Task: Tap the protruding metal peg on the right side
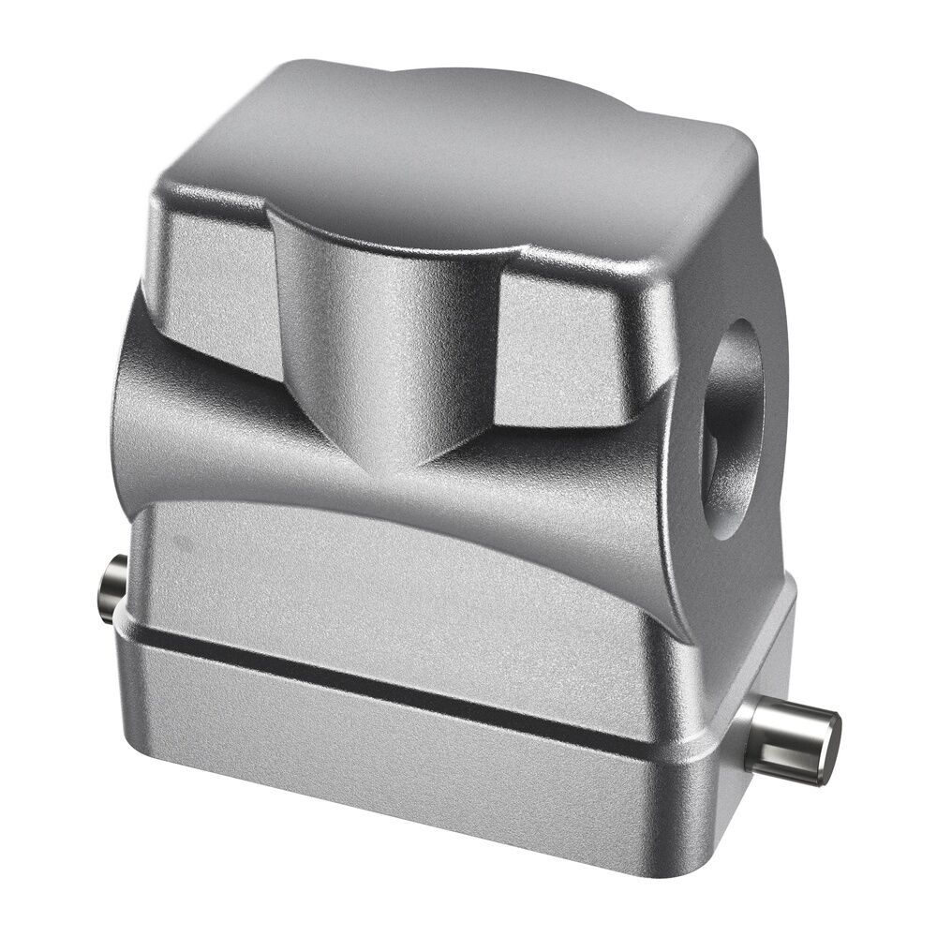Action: [792, 742]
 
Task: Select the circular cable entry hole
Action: [736, 426]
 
